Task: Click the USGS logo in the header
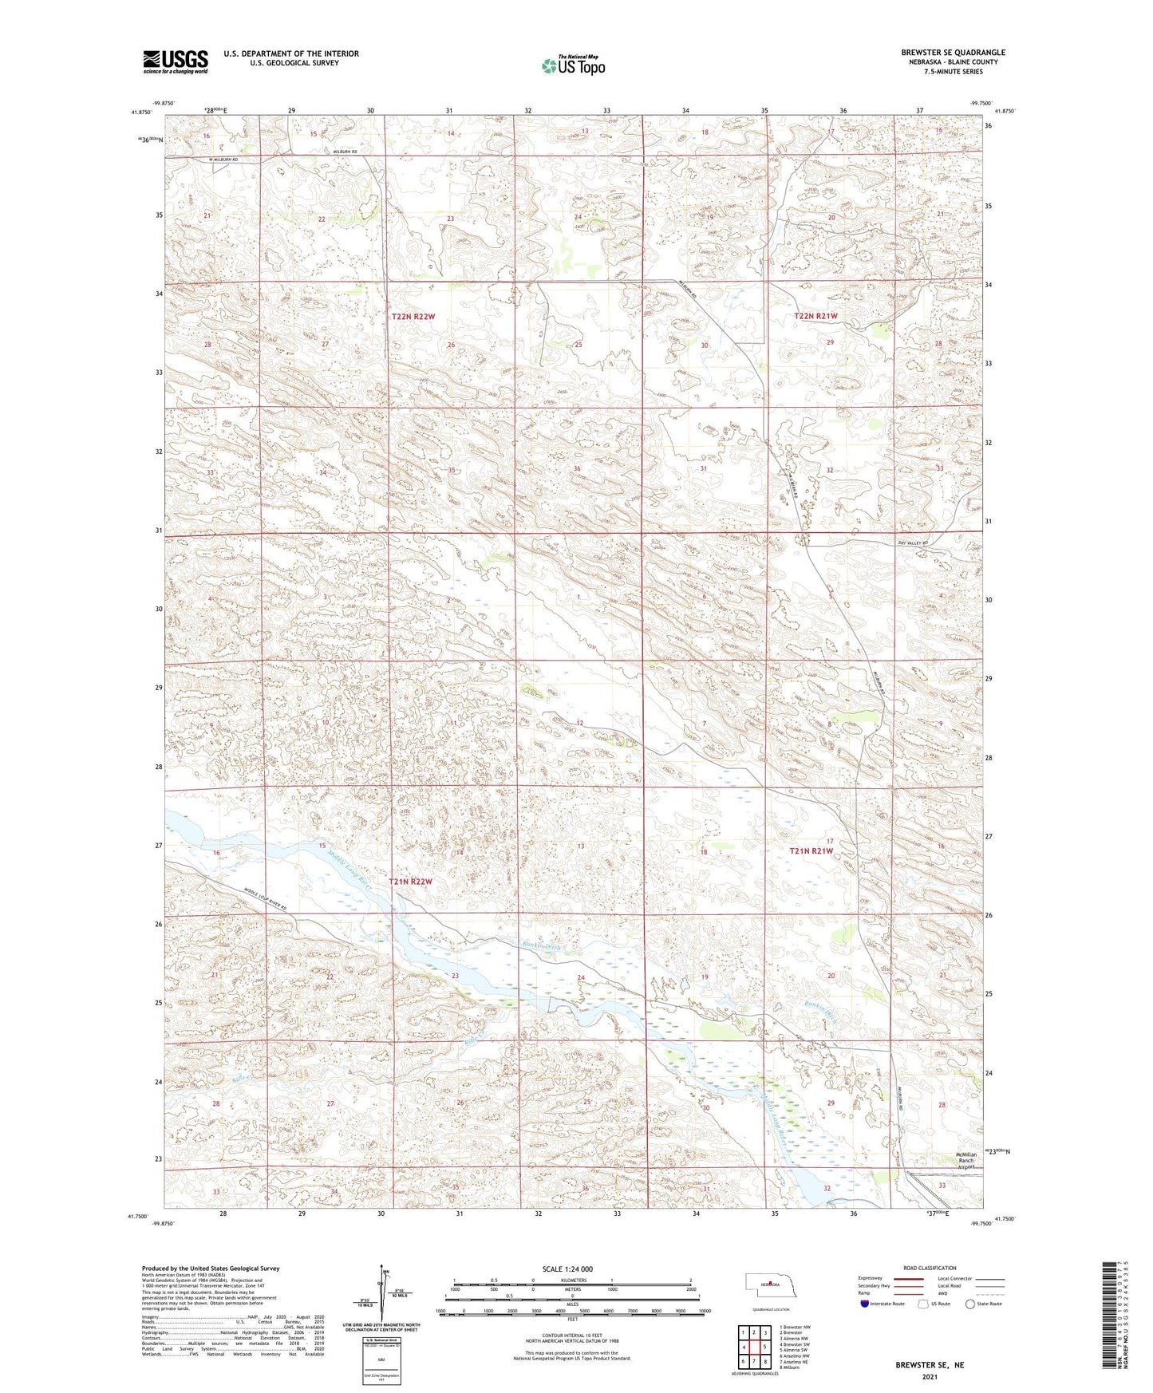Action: coord(176,61)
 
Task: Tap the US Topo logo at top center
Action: coord(573,65)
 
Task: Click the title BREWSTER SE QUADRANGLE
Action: coord(953,53)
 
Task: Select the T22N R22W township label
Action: coord(413,317)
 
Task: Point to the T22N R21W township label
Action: coord(815,317)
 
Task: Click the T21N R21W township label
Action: coord(811,851)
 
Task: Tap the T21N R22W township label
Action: coord(410,882)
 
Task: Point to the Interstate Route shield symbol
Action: coord(865,1304)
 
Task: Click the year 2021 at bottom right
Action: coord(929,1376)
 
